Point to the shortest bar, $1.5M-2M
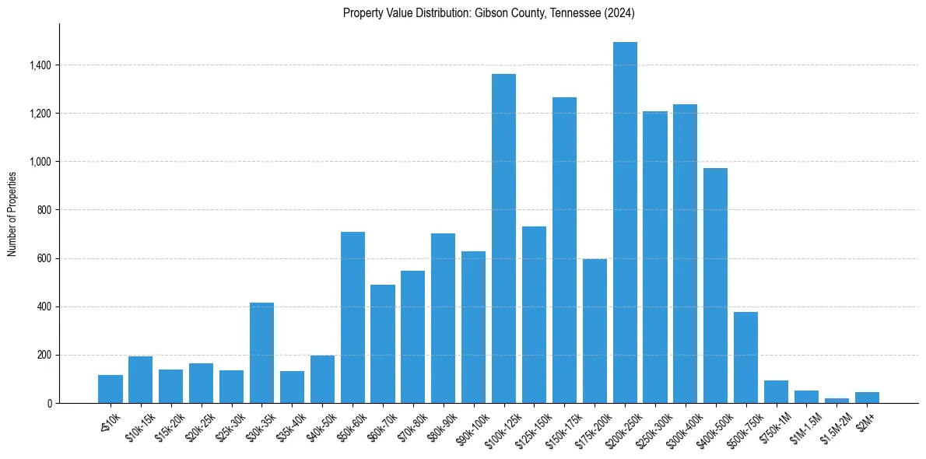tap(837, 401)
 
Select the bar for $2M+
tap(867, 398)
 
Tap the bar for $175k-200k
tap(595, 331)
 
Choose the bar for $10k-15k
tap(140, 380)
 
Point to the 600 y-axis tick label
tap(45, 258)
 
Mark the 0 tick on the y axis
tap(50, 403)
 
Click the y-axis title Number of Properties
tap(12, 213)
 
